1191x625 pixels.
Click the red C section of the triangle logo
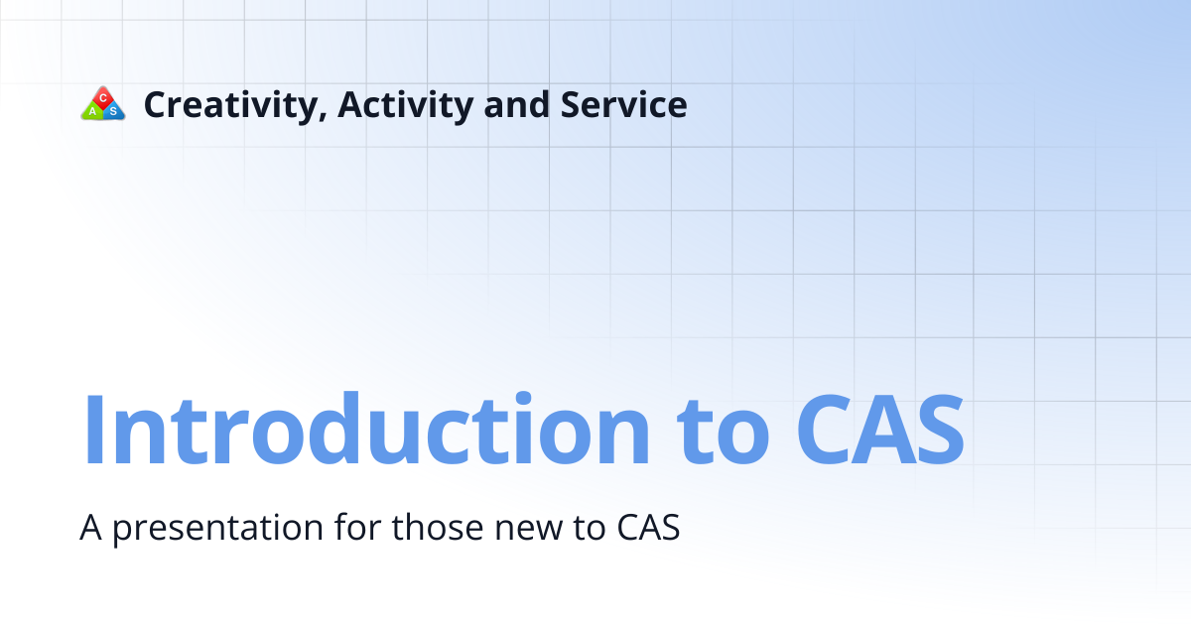pyautogui.click(x=103, y=97)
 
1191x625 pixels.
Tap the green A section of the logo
pyautogui.click(x=92, y=111)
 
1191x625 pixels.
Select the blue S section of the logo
pyautogui.click(x=113, y=111)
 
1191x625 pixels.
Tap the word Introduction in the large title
pyautogui.click(x=366, y=431)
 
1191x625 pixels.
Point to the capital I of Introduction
pyautogui.click(x=94, y=431)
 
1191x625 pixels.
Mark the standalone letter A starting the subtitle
pyautogui.click(x=91, y=528)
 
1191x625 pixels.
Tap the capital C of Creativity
pyautogui.click(x=156, y=104)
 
